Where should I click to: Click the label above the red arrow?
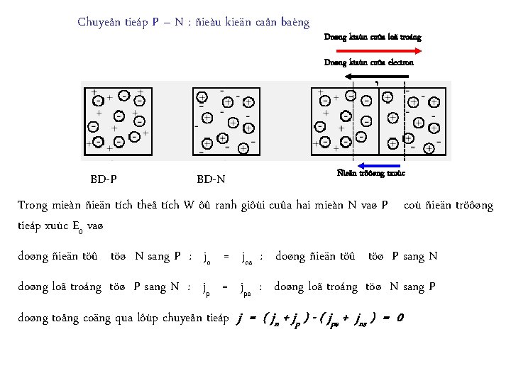pyautogui.click(x=372, y=37)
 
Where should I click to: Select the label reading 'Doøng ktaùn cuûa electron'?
pyautogui.click(x=368, y=62)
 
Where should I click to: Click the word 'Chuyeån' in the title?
pyautogui.click(x=99, y=22)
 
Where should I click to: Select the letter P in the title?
pyautogui.click(x=155, y=22)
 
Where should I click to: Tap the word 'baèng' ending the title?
pyautogui.click(x=294, y=22)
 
